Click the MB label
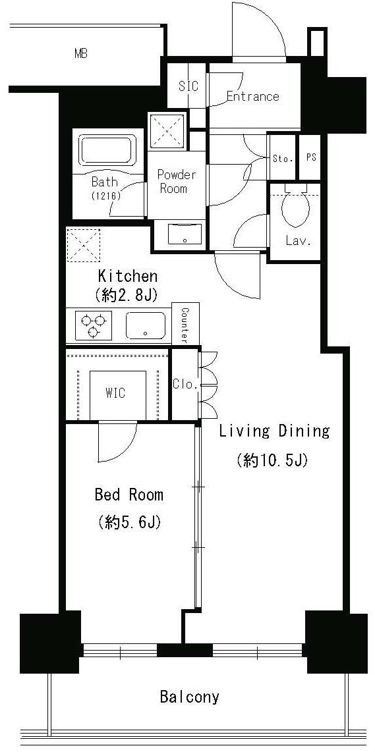pyautogui.click(x=81, y=54)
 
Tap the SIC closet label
pyautogui.click(x=188, y=86)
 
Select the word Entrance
pyautogui.click(x=252, y=96)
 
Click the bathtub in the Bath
pyautogui.click(x=108, y=150)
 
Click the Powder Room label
pyautogui.click(x=177, y=182)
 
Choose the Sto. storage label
pyautogui.click(x=283, y=159)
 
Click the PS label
pyautogui.click(x=311, y=157)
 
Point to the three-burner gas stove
pyautogui.click(x=94, y=326)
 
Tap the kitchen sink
pyautogui.click(x=146, y=326)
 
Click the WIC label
pyautogui.click(x=116, y=393)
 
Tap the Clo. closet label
pyautogui.click(x=185, y=385)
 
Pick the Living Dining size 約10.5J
pyautogui.click(x=272, y=461)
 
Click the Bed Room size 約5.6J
pyautogui.click(x=129, y=522)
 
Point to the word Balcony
pyautogui.click(x=189, y=697)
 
